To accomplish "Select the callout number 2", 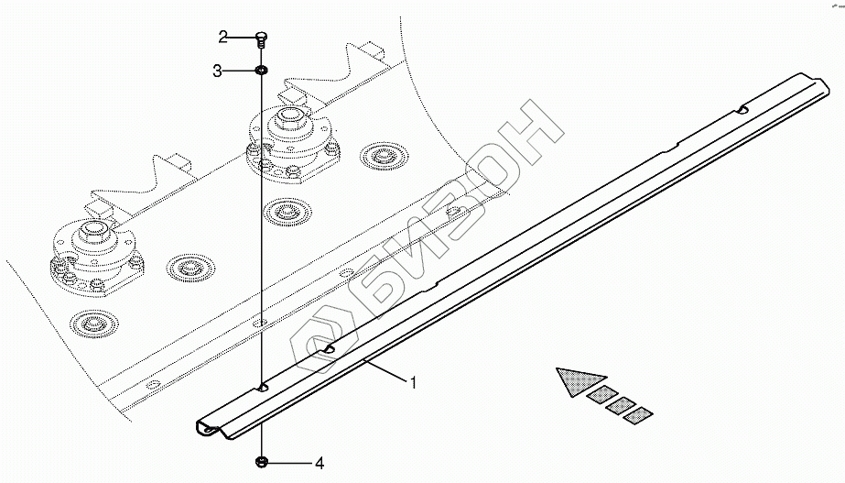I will coord(222,37).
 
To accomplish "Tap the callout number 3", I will coord(218,71).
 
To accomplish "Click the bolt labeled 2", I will coord(261,38).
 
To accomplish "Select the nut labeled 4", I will coord(262,461).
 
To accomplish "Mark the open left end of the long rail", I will coord(210,429).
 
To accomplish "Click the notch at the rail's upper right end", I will coord(743,111).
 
